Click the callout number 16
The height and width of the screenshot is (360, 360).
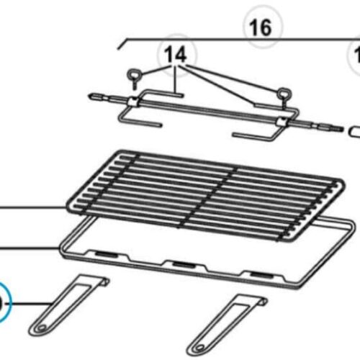click(260, 28)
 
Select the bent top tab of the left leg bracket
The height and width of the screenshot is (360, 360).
click(100, 279)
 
